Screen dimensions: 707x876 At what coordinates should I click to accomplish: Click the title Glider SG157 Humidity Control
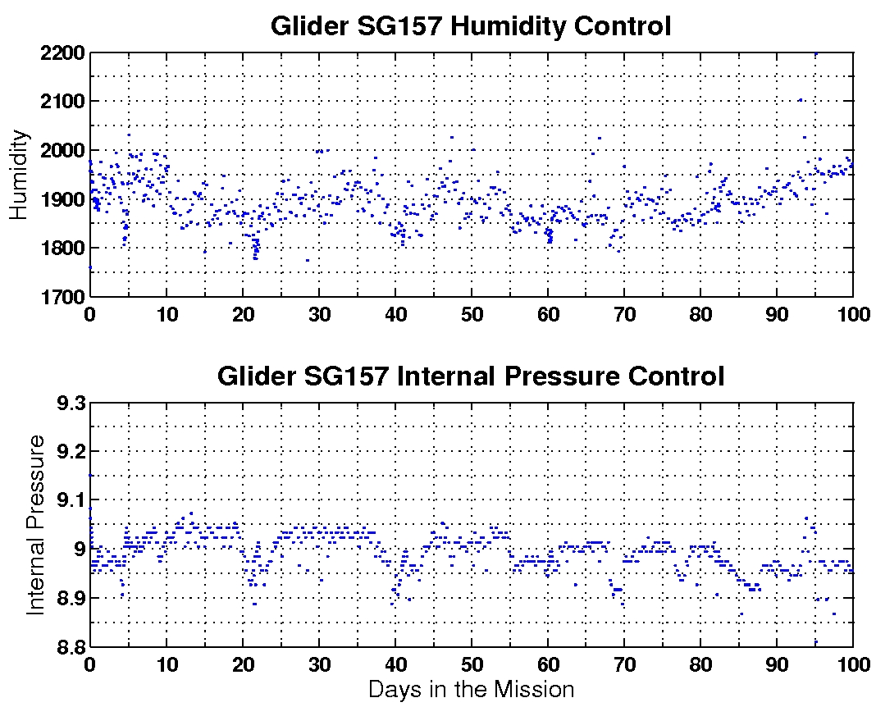tap(471, 26)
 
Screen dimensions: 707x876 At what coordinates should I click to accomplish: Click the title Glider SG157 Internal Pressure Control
tap(471, 376)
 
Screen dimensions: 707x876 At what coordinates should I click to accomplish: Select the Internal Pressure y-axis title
tap(36, 525)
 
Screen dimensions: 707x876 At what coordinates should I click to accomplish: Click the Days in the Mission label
tap(471, 689)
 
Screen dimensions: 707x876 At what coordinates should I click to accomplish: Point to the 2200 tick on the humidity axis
tap(63, 53)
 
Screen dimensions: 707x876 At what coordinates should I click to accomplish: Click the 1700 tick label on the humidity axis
tap(63, 296)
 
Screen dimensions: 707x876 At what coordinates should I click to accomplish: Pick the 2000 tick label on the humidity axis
tap(63, 151)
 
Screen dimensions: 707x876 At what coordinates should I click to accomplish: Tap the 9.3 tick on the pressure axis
tap(69, 404)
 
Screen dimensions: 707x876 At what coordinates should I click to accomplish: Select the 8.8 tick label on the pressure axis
tap(69, 647)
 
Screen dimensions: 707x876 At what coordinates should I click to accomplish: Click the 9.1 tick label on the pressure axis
tap(69, 500)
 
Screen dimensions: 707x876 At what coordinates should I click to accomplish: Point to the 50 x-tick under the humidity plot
tap(471, 312)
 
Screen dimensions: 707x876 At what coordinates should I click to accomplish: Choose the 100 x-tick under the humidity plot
tap(853, 312)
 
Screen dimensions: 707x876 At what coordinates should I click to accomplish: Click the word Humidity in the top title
tap(503, 26)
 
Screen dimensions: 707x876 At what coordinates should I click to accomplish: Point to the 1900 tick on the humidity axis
tap(63, 199)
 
